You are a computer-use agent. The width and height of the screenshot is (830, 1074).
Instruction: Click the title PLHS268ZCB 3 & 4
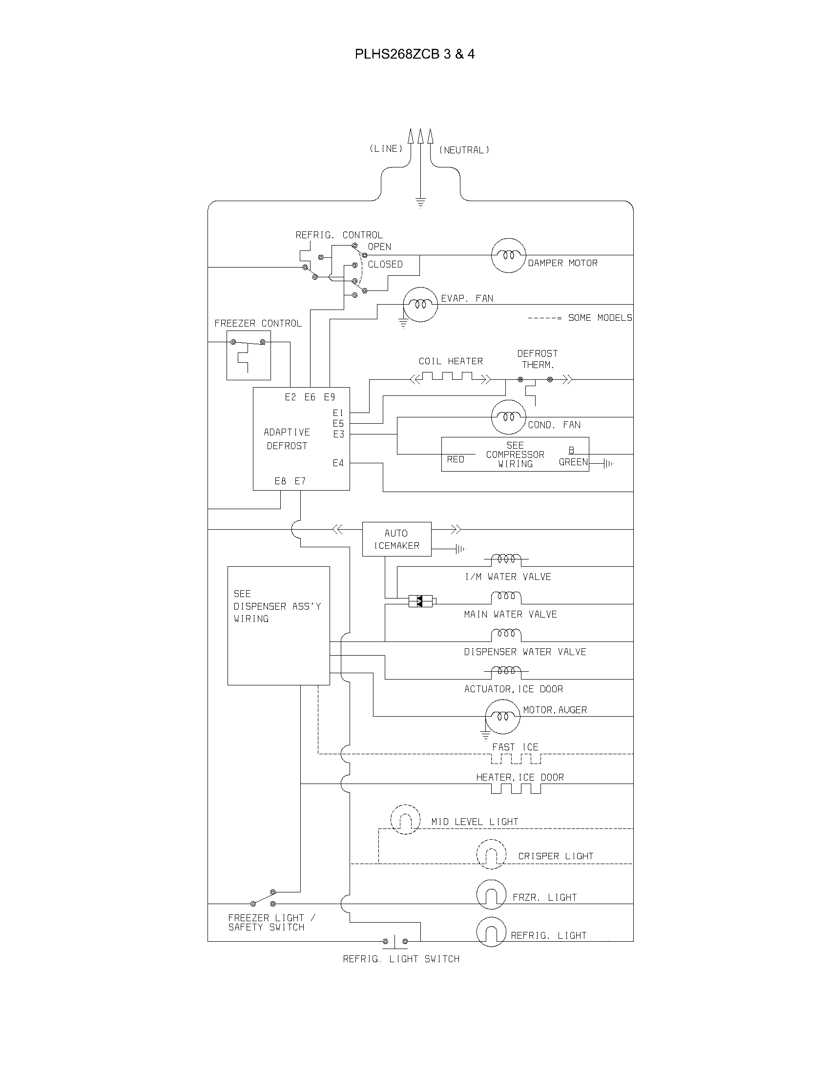(415, 54)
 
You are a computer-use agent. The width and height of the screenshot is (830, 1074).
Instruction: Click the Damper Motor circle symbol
(508, 255)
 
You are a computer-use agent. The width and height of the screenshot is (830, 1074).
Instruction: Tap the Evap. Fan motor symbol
(420, 305)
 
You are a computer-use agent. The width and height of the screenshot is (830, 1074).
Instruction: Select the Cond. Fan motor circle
(508, 417)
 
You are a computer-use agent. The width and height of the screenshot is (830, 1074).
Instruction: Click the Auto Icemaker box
(396, 539)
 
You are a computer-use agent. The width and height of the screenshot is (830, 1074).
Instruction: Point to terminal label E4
(338, 463)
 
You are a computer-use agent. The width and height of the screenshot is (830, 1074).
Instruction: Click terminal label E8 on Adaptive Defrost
(280, 481)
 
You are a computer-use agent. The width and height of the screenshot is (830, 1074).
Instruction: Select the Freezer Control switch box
(249, 355)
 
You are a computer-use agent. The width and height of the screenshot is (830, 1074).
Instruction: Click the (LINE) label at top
(386, 148)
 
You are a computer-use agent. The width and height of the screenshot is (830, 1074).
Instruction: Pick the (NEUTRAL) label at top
(464, 150)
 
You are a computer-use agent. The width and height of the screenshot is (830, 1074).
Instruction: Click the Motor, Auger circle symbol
(502, 717)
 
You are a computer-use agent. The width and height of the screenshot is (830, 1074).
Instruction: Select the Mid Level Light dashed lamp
(405, 819)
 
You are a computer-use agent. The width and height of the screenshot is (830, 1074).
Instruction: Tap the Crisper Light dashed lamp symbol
(491, 854)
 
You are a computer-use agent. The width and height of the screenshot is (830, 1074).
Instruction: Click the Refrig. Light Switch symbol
(395, 941)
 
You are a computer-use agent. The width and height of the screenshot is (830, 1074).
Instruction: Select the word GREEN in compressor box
(573, 462)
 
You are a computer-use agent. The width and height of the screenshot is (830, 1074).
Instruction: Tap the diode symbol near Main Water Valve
(420, 600)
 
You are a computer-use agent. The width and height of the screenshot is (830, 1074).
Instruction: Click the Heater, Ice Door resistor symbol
(516, 788)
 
